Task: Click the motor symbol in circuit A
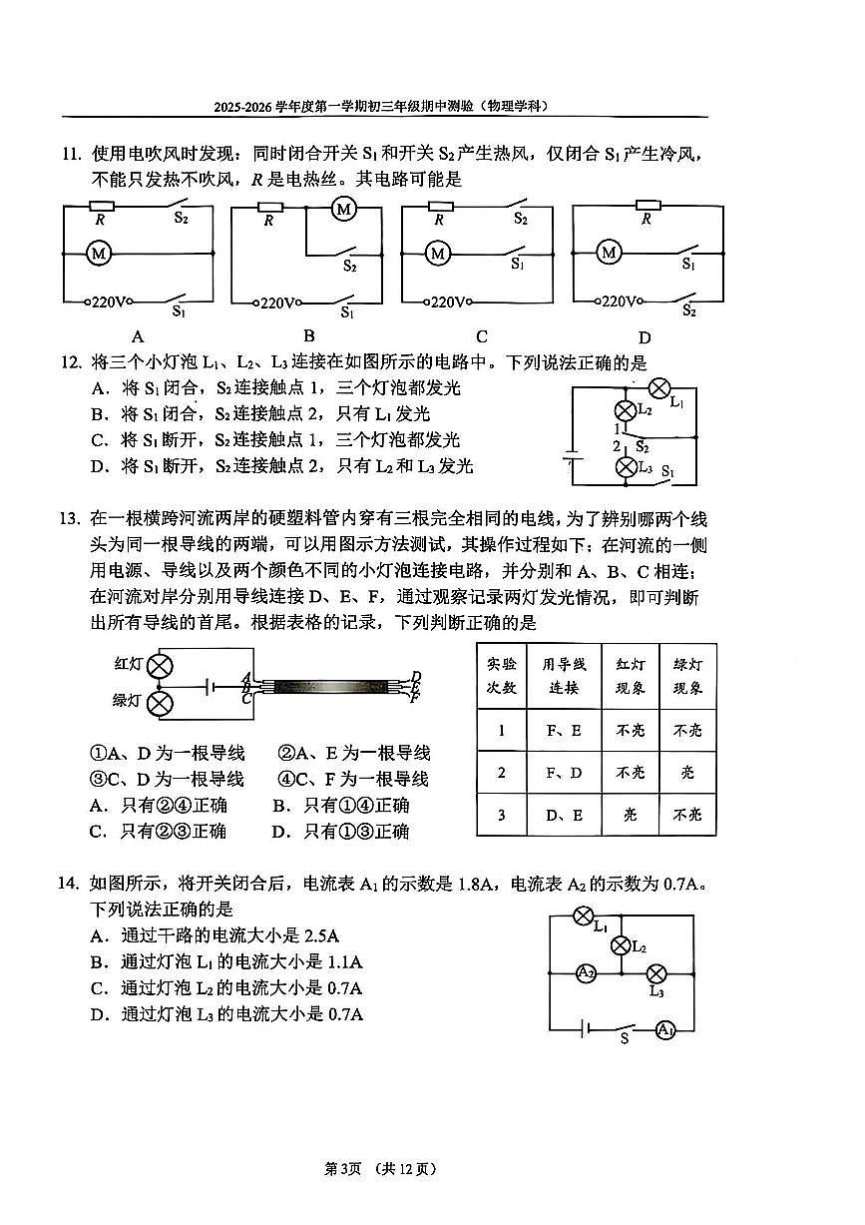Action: pyautogui.click(x=99, y=254)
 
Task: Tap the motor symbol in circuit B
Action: pyautogui.click(x=344, y=210)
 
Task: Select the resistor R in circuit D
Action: pyautogui.click(x=647, y=206)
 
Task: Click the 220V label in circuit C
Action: pyautogui.click(x=450, y=302)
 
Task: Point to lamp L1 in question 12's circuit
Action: pyautogui.click(x=659, y=388)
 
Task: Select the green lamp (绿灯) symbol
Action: pyautogui.click(x=160, y=704)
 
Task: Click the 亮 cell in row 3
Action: pyautogui.click(x=630, y=815)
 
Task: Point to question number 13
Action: pyautogui.click(x=67, y=518)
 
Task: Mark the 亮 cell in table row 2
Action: pyautogui.click(x=688, y=773)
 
